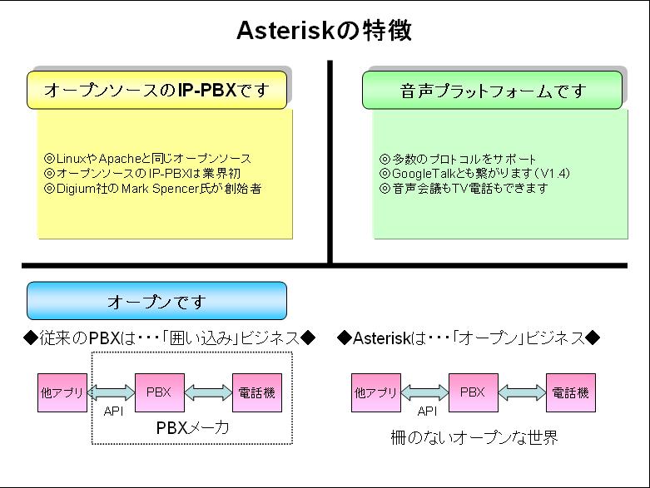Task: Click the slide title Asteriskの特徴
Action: pos(324,31)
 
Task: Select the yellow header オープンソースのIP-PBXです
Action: pos(156,91)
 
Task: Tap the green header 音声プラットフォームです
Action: pos(492,91)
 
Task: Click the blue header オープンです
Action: pos(156,301)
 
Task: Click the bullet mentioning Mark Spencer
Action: pos(152,189)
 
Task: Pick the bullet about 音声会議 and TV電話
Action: pos(464,189)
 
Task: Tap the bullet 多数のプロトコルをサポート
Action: pos(458,158)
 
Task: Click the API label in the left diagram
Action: pos(112,412)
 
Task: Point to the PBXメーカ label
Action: pos(192,428)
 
